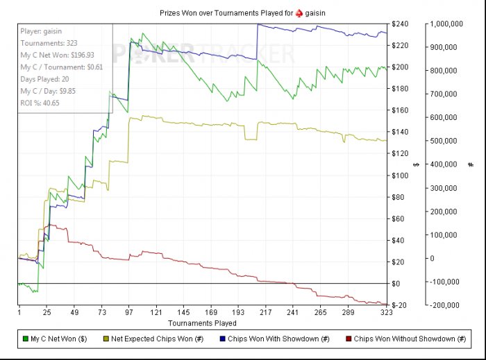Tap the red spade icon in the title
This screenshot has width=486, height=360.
click(299, 13)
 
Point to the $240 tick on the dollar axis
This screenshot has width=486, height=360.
click(400, 24)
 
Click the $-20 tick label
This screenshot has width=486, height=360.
click(400, 305)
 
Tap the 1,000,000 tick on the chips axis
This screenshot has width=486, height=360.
click(446, 24)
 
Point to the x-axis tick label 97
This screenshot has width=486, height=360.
click(129, 313)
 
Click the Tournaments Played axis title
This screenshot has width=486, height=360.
click(202, 323)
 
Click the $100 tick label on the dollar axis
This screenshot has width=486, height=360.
click(400, 175)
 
